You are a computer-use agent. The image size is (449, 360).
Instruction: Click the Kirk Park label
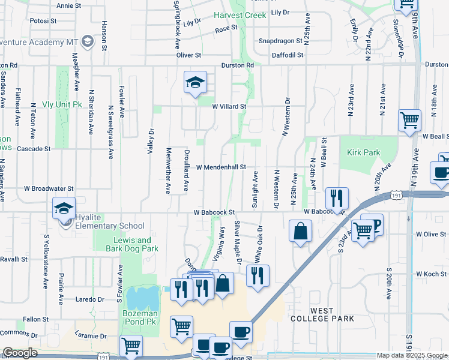point(363,152)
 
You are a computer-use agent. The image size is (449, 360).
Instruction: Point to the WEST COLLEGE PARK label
point(324,314)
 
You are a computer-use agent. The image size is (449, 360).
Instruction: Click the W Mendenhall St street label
point(221,167)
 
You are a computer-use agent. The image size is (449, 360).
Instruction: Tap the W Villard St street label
point(229,106)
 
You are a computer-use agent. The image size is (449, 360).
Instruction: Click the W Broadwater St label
point(49,188)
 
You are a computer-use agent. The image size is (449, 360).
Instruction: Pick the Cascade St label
point(34,148)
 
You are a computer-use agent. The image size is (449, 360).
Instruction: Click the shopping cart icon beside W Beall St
point(410,119)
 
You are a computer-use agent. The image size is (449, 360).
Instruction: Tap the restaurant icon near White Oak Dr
point(258,275)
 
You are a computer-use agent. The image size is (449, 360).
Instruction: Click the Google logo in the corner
point(20,352)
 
